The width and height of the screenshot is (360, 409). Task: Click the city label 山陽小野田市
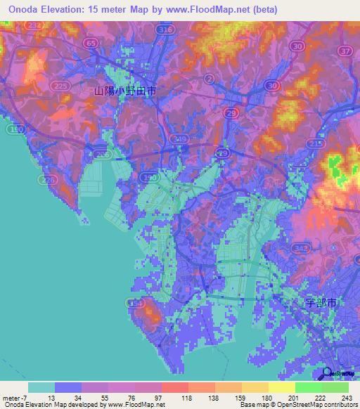pyautogui.click(x=125, y=91)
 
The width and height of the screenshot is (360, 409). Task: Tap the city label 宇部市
pyautogui.click(x=323, y=303)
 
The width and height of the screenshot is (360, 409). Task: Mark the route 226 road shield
pyautogui.click(x=48, y=181)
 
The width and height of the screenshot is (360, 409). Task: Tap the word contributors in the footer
pyautogui.click(x=337, y=405)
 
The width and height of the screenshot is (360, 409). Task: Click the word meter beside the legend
pyautogui.click(x=12, y=398)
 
